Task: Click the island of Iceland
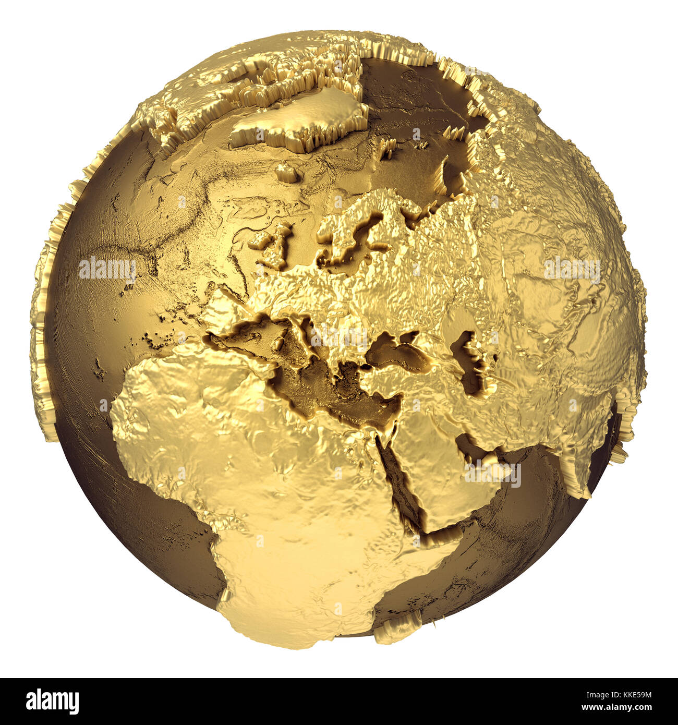[286, 172]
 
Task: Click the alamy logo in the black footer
[52, 702]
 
